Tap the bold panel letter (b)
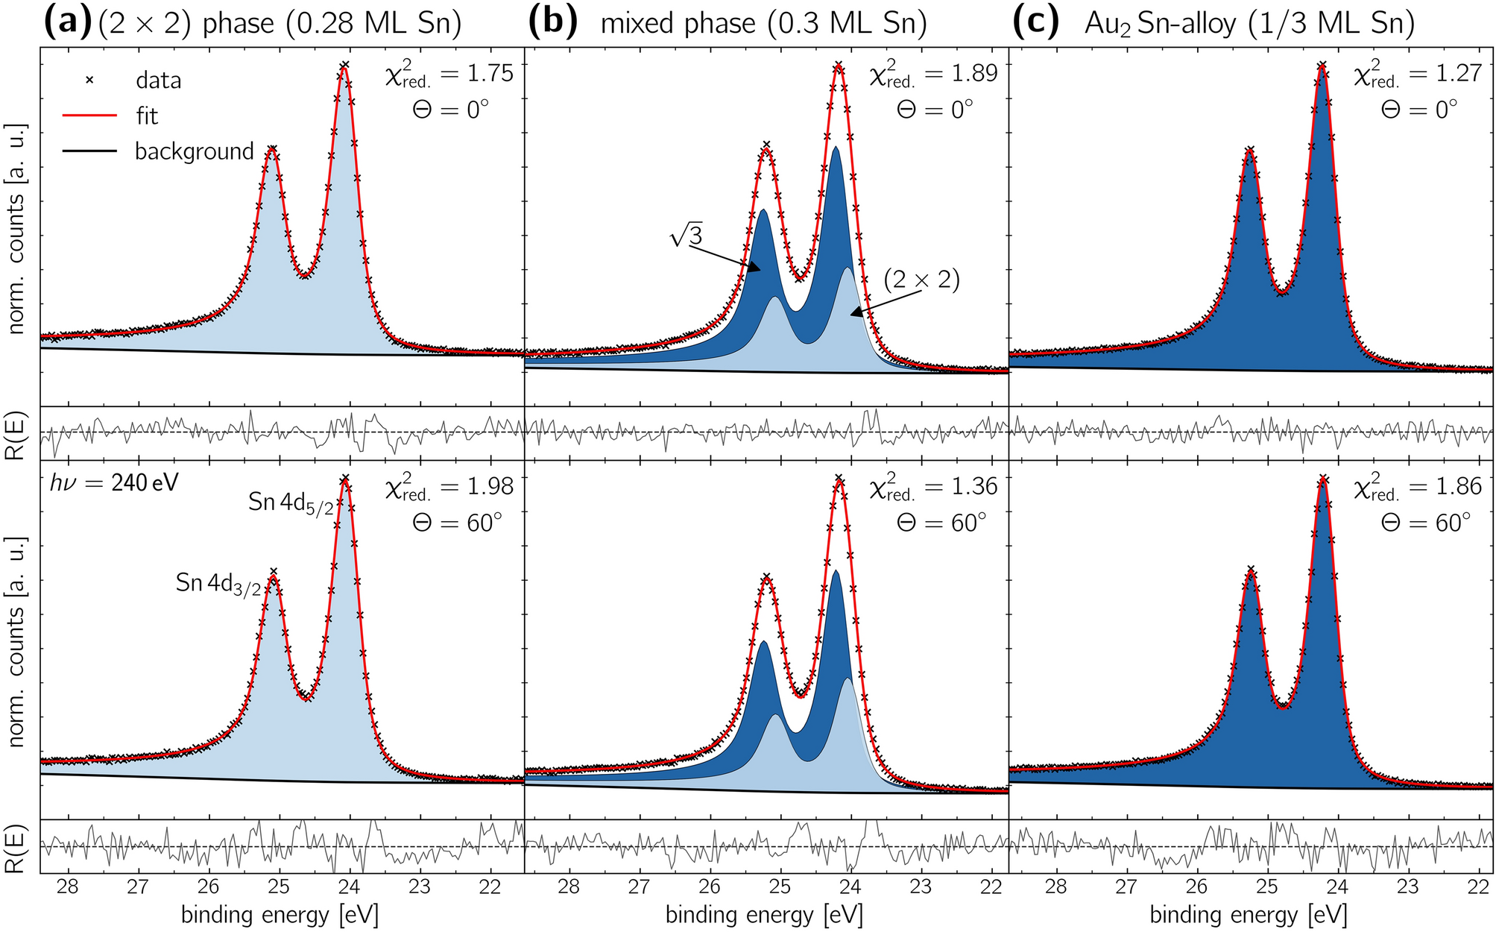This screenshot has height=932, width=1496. (552, 23)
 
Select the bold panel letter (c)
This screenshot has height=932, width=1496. (1035, 23)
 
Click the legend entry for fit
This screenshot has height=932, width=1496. (147, 116)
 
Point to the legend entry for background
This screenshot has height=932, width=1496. (194, 151)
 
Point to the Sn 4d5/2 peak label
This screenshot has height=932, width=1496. (291, 503)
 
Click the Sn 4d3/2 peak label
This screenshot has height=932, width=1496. (218, 583)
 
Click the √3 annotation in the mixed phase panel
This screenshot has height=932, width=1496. (687, 237)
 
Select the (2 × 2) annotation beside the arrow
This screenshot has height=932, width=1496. (921, 280)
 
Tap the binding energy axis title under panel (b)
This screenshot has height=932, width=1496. (763, 914)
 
